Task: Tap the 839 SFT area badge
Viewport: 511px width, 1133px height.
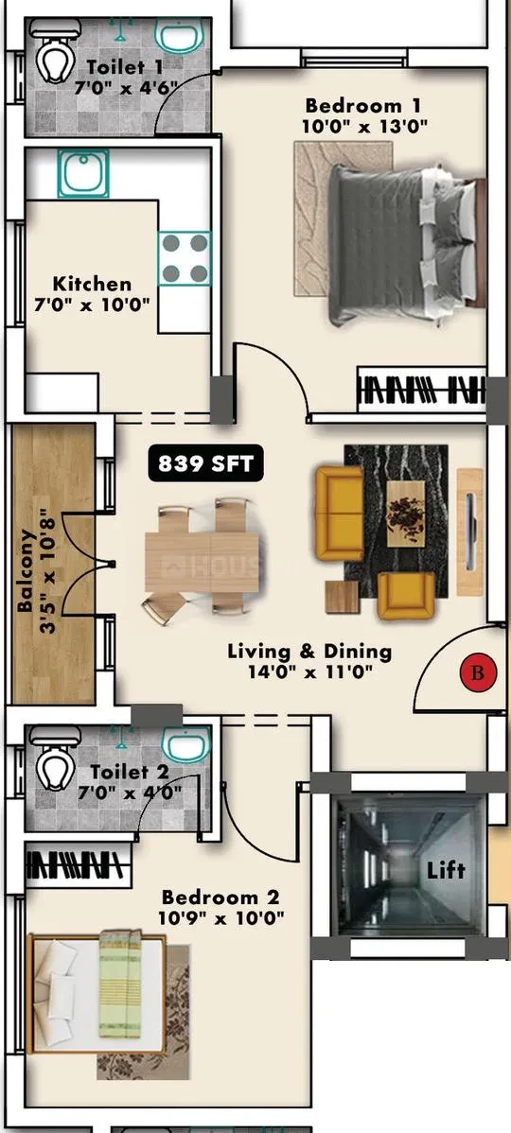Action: (x=206, y=464)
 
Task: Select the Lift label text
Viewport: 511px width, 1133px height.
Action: (x=446, y=869)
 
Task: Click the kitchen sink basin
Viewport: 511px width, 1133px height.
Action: (x=83, y=173)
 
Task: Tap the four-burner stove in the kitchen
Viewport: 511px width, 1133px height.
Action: (x=185, y=258)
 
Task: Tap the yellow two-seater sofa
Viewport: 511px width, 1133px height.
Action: (x=339, y=513)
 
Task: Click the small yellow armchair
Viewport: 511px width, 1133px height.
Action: (x=406, y=596)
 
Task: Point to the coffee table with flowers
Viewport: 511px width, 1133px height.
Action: (x=405, y=513)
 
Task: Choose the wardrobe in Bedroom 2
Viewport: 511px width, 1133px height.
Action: (x=79, y=865)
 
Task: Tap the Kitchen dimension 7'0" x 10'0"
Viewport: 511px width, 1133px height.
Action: (x=92, y=305)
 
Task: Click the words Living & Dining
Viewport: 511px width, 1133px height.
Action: (x=309, y=651)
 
